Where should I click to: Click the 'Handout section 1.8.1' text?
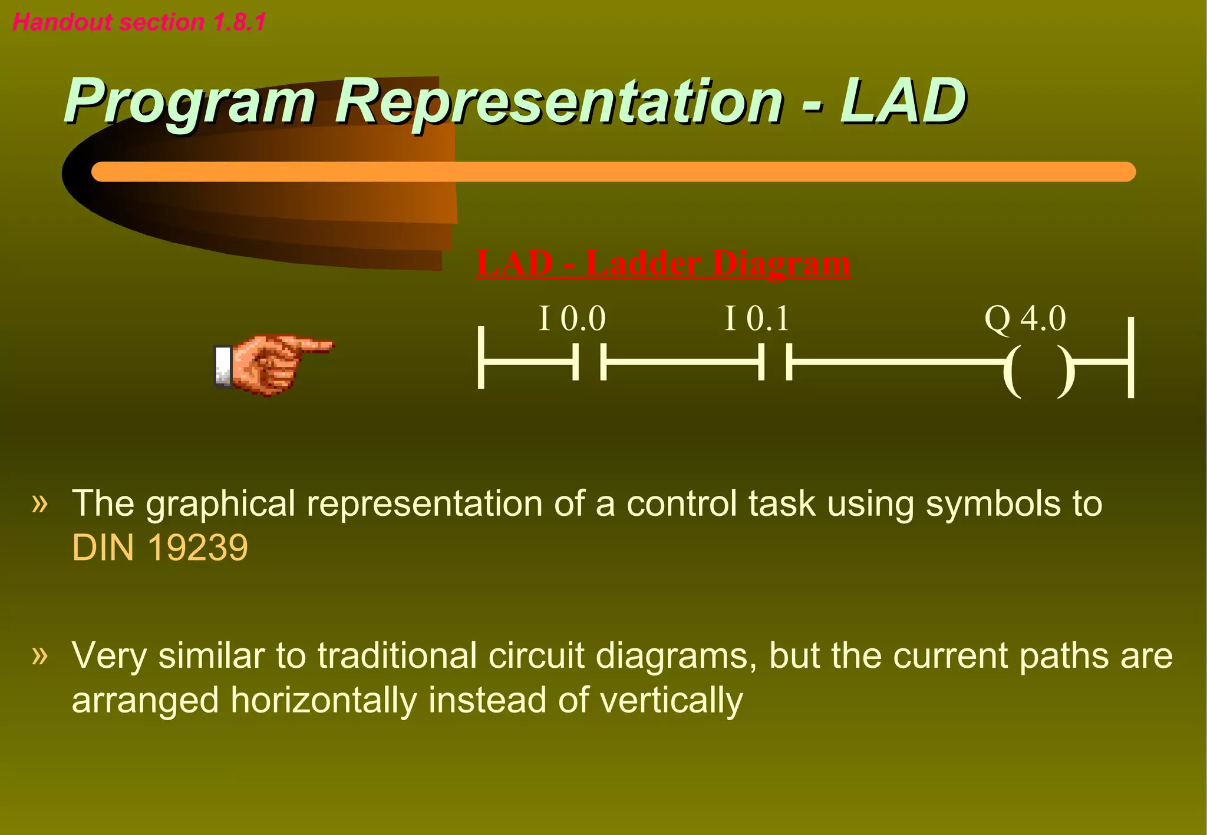point(139,22)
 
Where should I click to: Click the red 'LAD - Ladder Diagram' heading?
point(663,263)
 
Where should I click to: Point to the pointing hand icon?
point(272,364)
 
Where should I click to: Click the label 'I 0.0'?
point(572,319)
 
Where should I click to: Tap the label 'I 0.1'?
point(757,319)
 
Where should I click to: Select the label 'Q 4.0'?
point(1025,319)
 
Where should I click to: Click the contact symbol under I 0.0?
point(589,362)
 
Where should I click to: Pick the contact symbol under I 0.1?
point(774,362)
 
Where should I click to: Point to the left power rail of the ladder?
point(482,358)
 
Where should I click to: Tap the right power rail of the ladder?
point(1130,358)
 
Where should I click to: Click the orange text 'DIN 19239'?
point(160,548)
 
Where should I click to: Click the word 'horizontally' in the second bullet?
point(323,701)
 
